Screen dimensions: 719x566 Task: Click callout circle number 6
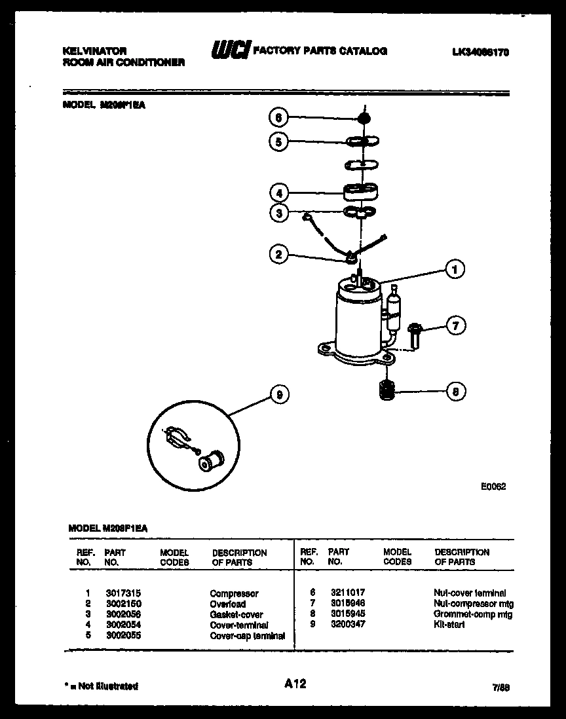[278, 118]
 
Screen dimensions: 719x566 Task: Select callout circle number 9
[279, 394]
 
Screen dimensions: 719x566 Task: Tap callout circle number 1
[454, 268]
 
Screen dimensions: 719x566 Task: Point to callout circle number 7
[455, 325]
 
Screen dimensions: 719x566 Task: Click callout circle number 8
[455, 392]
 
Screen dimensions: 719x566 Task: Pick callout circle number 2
[279, 255]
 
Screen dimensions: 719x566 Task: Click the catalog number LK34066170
[480, 51]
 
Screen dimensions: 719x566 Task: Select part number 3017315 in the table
[118, 593]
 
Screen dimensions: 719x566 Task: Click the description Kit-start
[449, 625]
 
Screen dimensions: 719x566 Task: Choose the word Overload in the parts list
[228, 604]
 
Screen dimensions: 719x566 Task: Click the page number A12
[295, 684]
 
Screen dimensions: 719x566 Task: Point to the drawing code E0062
[493, 487]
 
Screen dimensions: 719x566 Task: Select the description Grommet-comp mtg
[473, 614]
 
